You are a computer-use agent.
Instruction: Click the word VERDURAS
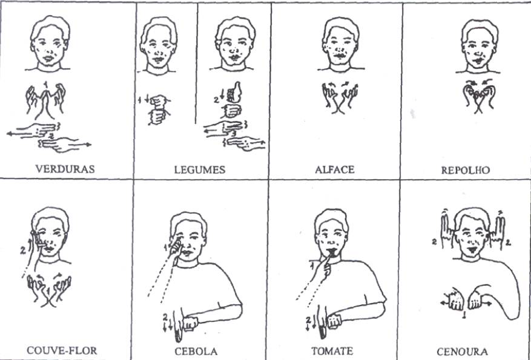pyautogui.click(x=65, y=169)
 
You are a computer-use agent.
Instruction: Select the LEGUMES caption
pyautogui.click(x=200, y=169)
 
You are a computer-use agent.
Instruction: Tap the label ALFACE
pyautogui.click(x=335, y=169)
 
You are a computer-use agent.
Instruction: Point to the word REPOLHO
pyautogui.click(x=465, y=169)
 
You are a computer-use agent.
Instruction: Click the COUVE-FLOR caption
pyautogui.click(x=62, y=350)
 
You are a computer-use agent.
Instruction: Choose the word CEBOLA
pyautogui.click(x=196, y=351)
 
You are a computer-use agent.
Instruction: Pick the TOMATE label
pyautogui.click(x=332, y=351)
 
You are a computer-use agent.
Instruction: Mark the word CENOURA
pyautogui.click(x=462, y=352)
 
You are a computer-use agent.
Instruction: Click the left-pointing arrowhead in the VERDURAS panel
pyautogui.click(x=9, y=134)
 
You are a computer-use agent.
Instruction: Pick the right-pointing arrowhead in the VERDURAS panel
pyautogui.click(x=89, y=145)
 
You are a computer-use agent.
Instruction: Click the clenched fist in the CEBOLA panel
pyautogui.click(x=191, y=322)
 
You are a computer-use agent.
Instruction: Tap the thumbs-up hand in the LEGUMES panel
pyautogui.click(x=234, y=93)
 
